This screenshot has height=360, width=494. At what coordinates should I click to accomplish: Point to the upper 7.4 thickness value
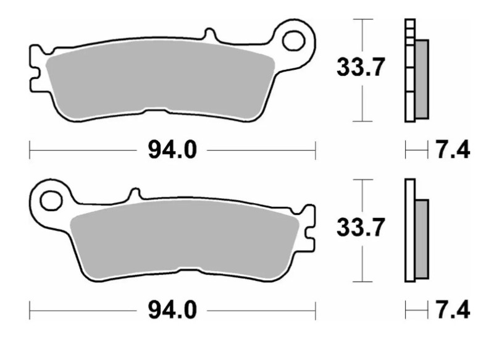pos(453,149)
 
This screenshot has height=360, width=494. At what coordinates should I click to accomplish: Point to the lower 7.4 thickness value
pos(453,310)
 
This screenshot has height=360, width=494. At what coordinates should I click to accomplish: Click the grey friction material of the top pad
pos(161,80)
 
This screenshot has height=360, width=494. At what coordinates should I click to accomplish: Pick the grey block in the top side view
pos(421,79)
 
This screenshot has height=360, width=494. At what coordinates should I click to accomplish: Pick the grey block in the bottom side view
pos(421,238)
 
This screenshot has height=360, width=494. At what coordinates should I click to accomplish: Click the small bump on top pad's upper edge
pos(210,34)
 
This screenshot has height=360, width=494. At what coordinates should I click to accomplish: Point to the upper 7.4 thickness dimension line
pos(416,149)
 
